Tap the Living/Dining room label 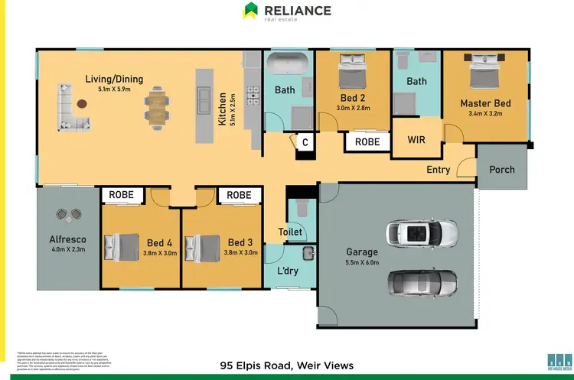pyautogui.click(x=114, y=79)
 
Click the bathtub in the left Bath pyautogui.click(x=287, y=61)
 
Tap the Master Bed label pyautogui.click(x=485, y=103)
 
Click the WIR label pyautogui.click(x=416, y=140)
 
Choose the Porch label pyautogui.click(x=502, y=170)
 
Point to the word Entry pyautogui.click(x=439, y=170)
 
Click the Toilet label pyautogui.click(x=291, y=232)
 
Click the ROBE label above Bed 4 pyautogui.click(x=121, y=195)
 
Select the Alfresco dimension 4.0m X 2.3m pyautogui.click(x=67, y=249)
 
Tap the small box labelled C pyautogui.click(x=305, y=141)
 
